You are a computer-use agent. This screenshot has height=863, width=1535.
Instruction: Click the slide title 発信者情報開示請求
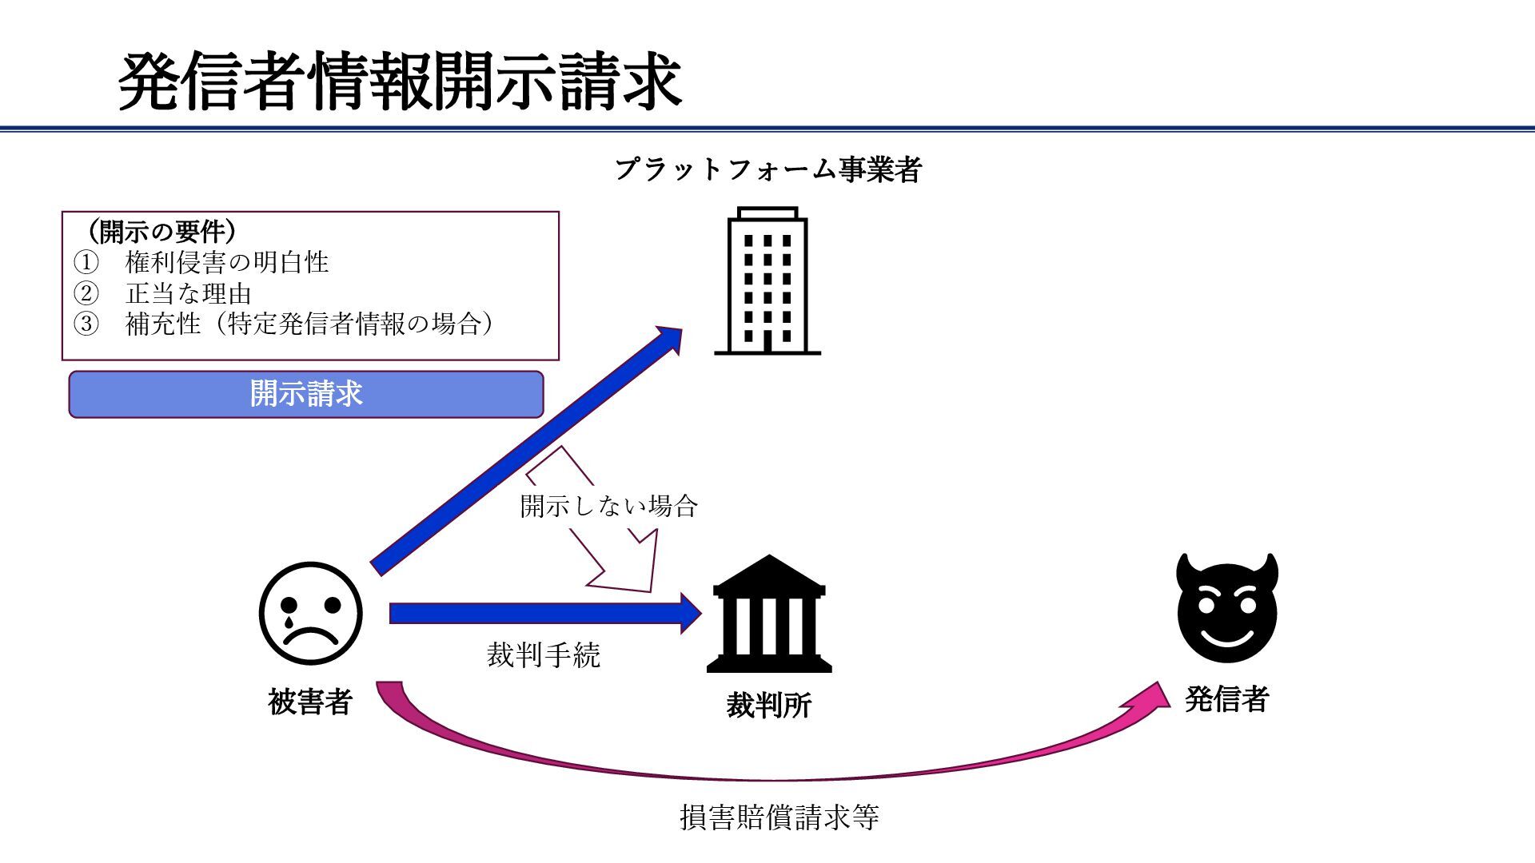[x=400, y=82]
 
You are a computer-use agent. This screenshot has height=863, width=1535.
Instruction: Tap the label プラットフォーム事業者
[x=768, y=169]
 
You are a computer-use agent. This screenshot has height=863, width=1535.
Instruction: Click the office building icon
[x=767, y=280]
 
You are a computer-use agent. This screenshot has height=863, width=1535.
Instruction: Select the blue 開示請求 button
[x=306, y=394]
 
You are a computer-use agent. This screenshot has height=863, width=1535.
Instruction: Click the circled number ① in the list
[x=86, y=262]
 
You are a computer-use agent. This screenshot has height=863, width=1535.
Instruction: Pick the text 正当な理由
[x=189, y=293]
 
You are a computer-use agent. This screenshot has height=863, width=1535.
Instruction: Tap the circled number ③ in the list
[x=86, y=324]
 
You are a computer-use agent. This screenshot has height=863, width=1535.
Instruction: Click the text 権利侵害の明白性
[x=227, y=262]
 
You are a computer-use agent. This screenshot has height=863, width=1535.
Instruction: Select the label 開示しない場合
[x=608, y=506]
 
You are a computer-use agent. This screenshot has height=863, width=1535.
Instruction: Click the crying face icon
[x=310, y=614]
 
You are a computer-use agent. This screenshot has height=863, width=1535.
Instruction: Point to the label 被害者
[x=310, y=702]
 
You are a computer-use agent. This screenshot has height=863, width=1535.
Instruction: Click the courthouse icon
[x=768, y=614]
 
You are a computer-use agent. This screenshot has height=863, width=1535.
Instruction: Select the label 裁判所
[x=768, y=705]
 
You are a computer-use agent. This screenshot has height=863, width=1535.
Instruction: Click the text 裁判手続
[x=543, y=655]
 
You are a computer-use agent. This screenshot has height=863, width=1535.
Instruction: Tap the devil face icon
[x=1227, y=607]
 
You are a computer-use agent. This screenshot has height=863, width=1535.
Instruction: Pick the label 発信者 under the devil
[x=1227, y=699]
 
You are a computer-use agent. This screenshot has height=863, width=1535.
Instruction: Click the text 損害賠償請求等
[x=779, y=817]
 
